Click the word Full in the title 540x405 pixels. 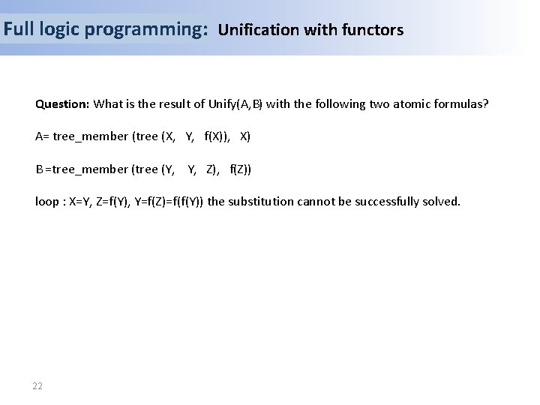(x=18, y=30)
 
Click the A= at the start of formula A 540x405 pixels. (x=42, y=136)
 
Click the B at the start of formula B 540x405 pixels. (x=39, y=169)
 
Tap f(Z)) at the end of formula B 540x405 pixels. (x=241, y=169)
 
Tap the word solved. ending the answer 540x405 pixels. (x=442, y=201)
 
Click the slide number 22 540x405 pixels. (x=37, y=386)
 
